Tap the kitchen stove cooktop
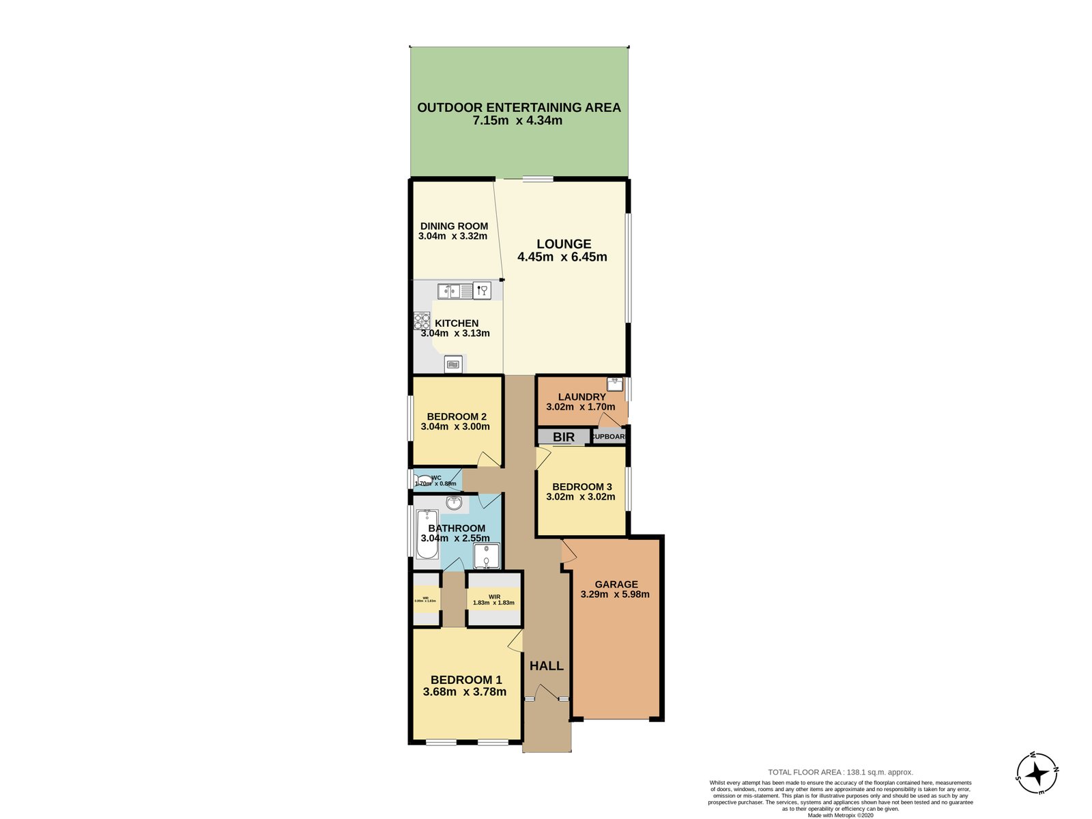421,321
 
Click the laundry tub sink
615,384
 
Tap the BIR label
563,437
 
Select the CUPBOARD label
609,436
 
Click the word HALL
547,665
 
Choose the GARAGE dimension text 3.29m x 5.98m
615,594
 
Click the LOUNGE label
564,244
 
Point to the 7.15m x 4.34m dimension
517,121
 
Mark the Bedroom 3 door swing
543,457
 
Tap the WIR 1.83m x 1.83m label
493,600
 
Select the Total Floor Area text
840,772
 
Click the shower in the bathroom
487,556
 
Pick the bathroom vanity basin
453,504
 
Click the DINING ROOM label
454,226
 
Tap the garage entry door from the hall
567,551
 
